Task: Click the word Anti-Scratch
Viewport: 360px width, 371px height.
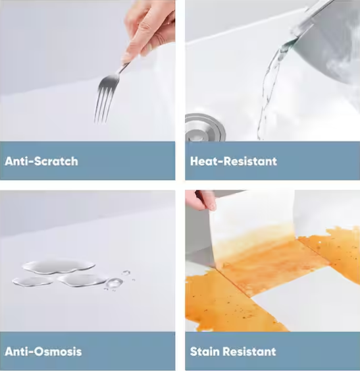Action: point(41,161)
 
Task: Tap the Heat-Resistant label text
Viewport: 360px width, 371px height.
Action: point(233,161)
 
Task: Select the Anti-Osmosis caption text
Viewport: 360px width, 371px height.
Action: point(43,351)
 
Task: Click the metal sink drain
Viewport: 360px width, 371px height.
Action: point(205,128)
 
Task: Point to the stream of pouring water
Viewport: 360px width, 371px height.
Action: point(269,90)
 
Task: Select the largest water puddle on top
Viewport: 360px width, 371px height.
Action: point(59,266)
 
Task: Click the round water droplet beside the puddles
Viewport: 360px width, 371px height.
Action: point(115,282)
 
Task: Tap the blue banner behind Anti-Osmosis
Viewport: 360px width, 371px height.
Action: point(88,351)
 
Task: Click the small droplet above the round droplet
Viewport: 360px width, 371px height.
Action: point(126,272)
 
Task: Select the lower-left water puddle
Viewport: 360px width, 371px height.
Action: point(33,281)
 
